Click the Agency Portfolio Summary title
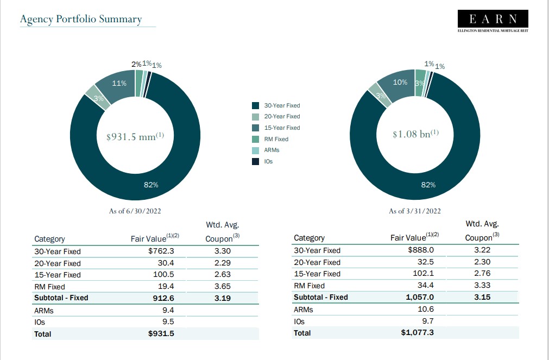[80, 20]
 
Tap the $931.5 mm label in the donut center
[135, 136]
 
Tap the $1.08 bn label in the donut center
[415, 134]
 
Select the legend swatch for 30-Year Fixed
[255, 105]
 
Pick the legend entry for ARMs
[272, 150]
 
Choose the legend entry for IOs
[268, 162]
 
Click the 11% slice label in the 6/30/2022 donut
[119, 84]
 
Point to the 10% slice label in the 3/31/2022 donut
[400, 82]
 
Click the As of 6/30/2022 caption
[135, 211]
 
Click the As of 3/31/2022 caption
[415, 211]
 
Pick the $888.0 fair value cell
[421, 250]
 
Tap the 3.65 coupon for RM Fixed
[222, 286]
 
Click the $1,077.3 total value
[417, 332]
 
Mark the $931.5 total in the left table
[161, 333]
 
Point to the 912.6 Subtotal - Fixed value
[163, 298]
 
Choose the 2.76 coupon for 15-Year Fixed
[482, 274]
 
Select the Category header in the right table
[309, 238]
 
